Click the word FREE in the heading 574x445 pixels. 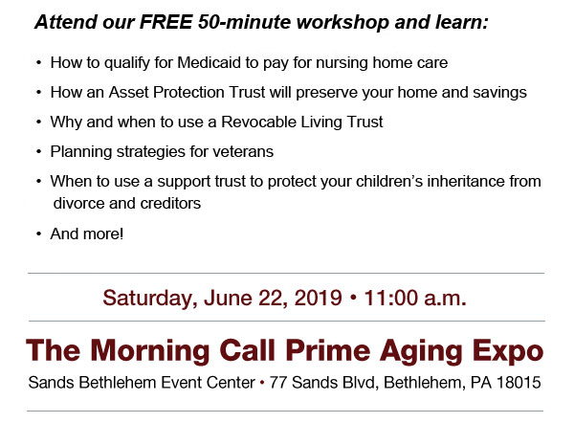coord(166,22)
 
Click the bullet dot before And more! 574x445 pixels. coord(39,234)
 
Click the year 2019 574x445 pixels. coord(319,298)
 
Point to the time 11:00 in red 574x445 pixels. coord(391,298)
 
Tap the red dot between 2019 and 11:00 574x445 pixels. coord(353,298)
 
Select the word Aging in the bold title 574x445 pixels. coord(421,351)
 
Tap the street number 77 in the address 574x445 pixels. coord(277,383)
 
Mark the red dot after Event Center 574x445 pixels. coord(262,383)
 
